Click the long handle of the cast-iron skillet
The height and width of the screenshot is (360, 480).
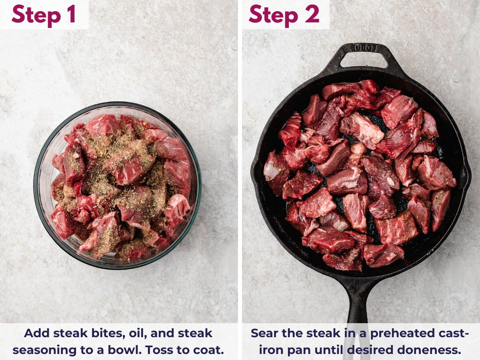tap(357, 300)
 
